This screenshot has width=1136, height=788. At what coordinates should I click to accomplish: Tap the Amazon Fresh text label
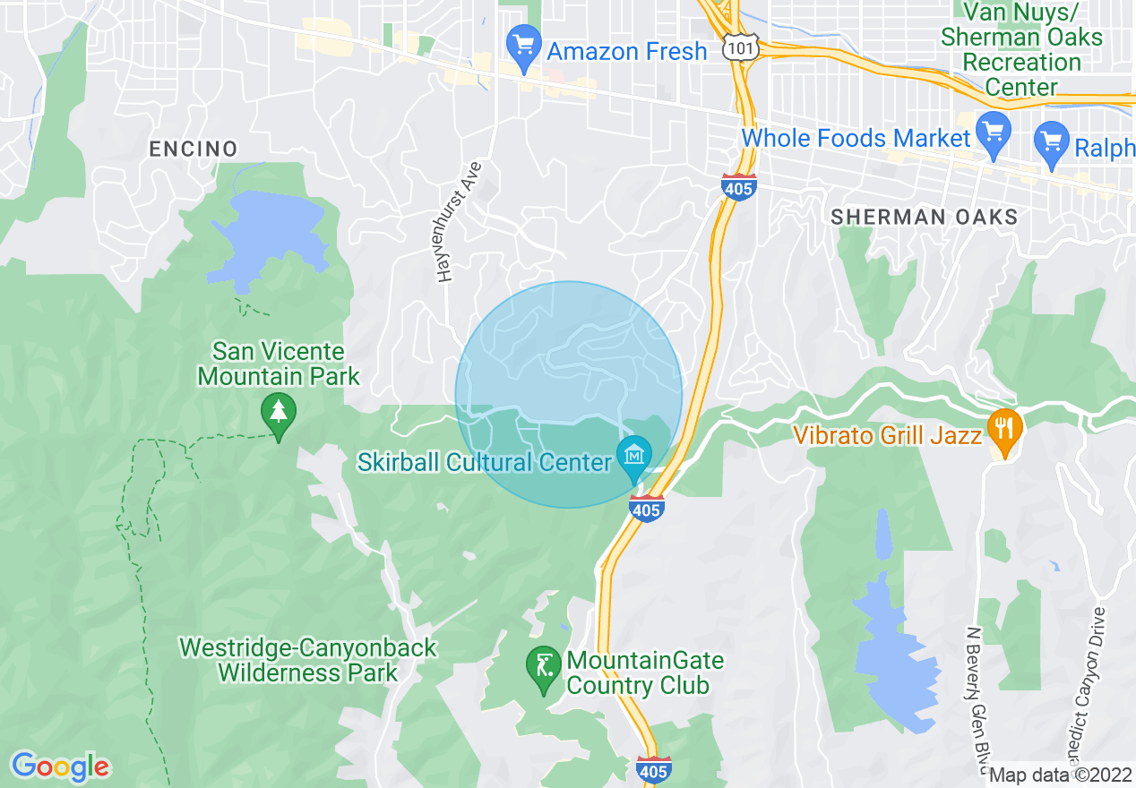pyautogui.click(x=627, y=52)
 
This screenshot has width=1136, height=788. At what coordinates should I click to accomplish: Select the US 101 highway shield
pyautogui.click(x=744, y=47)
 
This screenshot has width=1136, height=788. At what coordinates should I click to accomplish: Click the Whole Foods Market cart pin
pyautogui.click(x=993, y=132)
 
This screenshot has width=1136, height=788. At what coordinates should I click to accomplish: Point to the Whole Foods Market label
pyautogui.click(x=856, y=139)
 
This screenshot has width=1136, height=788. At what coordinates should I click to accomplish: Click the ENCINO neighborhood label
pyautogui.click(x=194, y=149)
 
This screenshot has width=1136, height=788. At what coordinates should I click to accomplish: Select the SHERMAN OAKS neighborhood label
pyautogui.click(x=924, y=218)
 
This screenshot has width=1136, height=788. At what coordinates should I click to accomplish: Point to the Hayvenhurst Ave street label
pyautogui.click(x=460, y=222)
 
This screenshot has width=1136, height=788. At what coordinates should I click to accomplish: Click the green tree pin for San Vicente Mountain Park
pyautogui.click(x=279, y=413)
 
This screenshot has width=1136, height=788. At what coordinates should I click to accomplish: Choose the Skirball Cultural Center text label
pyautogui.click(x=485, y=462)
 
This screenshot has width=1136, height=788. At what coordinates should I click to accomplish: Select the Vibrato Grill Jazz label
pyautogui.click(x=888, y=436)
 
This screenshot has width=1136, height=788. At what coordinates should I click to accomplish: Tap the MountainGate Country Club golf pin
pyautogui.click(x=543, y=666)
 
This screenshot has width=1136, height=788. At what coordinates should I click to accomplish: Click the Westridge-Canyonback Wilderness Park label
pyautogui.click(x=307, y=660)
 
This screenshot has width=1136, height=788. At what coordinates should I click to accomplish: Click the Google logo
pyautogui.click(x=60, y=767)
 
